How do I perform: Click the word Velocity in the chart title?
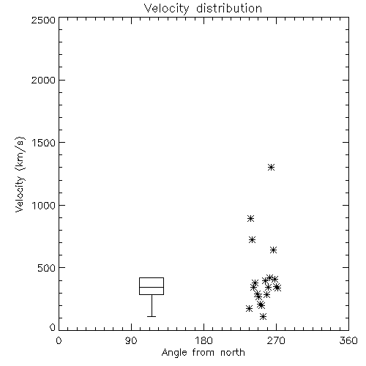point(167,8)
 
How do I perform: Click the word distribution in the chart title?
point(229,8)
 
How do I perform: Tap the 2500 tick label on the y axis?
point(43,20)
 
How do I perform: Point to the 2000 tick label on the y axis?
point(43,80)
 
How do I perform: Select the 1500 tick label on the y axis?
point(44,143)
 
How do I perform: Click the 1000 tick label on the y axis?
point(44,205)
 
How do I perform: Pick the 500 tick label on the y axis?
point(47,268)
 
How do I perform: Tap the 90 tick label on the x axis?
point(131,340)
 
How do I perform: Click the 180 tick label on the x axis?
point(203,340)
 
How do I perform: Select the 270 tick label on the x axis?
point(276,340)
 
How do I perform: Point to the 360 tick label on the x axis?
point(348,340)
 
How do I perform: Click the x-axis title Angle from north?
point(203,353)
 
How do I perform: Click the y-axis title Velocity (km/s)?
point(20,174)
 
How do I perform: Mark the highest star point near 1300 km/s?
point(271,168)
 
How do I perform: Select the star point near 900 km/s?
point(250,218)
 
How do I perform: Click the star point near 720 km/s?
point(252,239)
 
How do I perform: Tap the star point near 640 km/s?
point(273,250)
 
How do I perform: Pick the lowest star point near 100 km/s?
point(263,317)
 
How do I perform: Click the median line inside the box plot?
point(152,287)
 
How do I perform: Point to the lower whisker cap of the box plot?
point(152,316)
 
